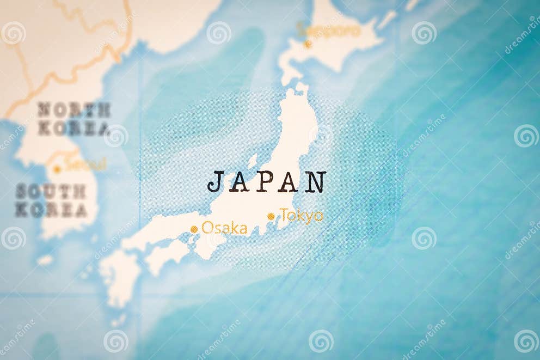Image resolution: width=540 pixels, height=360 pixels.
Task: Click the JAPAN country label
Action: pos(267,182)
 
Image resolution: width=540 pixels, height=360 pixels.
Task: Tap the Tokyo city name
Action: pos(302,216)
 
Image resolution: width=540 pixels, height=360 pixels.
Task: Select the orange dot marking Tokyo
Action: pos(271,216)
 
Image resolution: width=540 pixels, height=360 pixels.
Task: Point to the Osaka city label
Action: pos(224,228)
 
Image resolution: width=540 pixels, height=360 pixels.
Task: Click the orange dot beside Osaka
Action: pos(194,229)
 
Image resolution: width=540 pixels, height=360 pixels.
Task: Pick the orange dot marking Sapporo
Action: pos(308,44)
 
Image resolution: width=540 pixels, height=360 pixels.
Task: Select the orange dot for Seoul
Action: pos(57,169)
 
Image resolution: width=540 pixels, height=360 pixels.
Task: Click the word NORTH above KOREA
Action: pos(74,110)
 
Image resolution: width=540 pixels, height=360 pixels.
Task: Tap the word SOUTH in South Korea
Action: pos(51,191)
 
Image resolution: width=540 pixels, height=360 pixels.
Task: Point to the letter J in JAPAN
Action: pos(216,182)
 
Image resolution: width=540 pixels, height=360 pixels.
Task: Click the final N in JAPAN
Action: pos(315,182)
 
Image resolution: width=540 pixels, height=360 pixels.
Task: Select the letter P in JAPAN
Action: pos(265,182)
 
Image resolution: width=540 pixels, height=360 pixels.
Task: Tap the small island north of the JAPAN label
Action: pos(253,161)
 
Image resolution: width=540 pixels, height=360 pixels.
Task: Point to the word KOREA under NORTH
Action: pos(74,129)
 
